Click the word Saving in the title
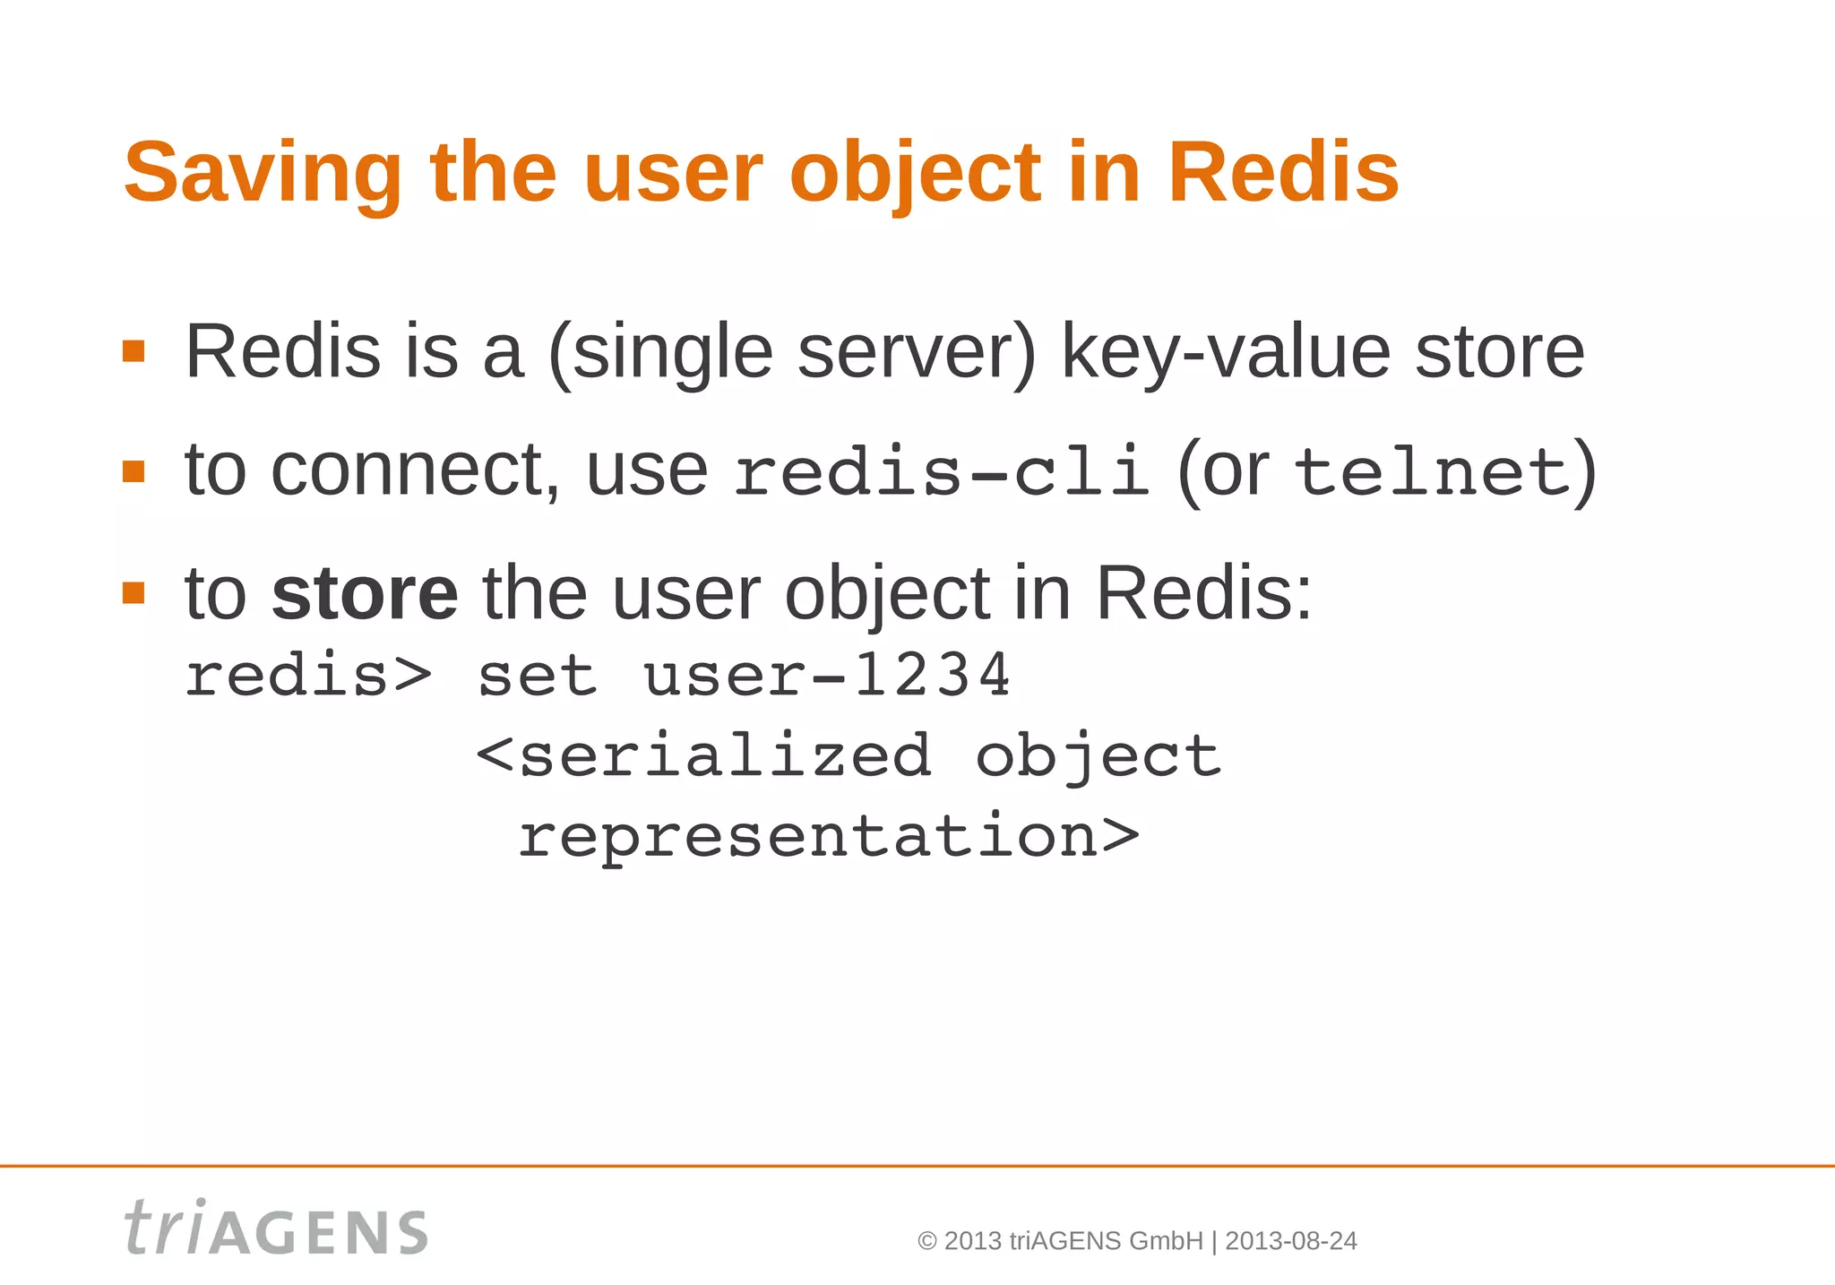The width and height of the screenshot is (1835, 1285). coord(263,173)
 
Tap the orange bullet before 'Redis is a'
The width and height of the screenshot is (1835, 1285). coord(134,350)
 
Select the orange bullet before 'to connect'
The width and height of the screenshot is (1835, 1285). coord(134,471)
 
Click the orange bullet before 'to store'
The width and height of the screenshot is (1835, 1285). coord(134,592)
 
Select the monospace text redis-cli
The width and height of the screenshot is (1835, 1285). coord(941,472)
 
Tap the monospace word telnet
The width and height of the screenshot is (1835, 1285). coord(1431,472)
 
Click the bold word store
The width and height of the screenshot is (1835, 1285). coord(365,593)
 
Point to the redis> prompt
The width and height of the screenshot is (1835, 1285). coord(307,676)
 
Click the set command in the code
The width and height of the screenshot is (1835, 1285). coord(537,676)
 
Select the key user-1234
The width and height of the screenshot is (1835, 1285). coord(826,676)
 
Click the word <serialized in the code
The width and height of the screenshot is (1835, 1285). coord(704,755)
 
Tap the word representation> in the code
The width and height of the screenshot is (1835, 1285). coord(828,837)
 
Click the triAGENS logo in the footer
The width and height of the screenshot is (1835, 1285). coord(276,1229)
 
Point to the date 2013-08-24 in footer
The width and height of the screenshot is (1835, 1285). coord(1290,1241)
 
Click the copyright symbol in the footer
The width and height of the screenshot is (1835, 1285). coord(927,1241)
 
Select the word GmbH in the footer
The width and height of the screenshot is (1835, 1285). coord(1166,1241)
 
